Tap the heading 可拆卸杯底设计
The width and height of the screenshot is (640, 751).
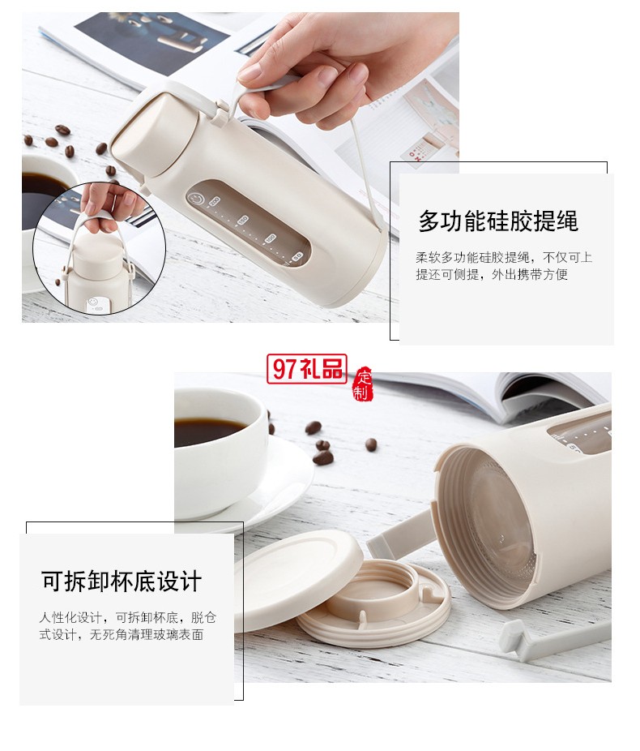(122, 581)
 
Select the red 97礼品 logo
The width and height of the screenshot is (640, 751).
(306, 369)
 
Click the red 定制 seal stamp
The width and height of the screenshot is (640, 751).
(362, 384)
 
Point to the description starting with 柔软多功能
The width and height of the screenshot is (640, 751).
(503, 266)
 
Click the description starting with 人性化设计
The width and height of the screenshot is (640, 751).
(128, 625)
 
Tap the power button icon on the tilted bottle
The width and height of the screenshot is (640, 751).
(195, 200)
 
